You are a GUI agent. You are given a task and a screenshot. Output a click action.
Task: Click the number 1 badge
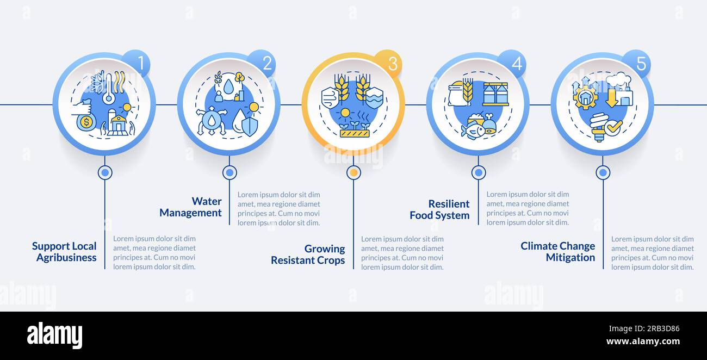tap(137, 63)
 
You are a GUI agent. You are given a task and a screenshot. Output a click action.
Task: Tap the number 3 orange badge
tap(388, 64)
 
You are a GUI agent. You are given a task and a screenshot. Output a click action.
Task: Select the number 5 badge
tap(637, 63)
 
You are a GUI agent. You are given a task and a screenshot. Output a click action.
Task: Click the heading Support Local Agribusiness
tap(64, 252)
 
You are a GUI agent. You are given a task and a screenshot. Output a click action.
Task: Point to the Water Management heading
tap(190, 207)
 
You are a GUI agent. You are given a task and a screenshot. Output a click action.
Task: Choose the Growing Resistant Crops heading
tap(308, 255)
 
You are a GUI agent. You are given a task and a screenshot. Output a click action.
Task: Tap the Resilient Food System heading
tap(439, 209)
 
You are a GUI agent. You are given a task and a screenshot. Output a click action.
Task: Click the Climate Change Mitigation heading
tap(557, 252)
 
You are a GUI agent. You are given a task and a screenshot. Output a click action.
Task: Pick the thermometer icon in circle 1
tap(109, 89)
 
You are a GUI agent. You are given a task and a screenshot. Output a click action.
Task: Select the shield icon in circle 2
tap(250, 127)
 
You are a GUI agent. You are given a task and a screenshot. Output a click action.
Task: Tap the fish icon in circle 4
tap(473, 130)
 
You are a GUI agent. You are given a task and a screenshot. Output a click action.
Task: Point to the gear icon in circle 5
tap(586, 97)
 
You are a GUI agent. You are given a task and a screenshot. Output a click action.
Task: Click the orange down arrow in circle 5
tap(612, 98)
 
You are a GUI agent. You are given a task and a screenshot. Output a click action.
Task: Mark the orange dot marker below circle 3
tap(354, 172)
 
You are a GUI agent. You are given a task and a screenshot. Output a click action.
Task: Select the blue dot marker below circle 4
tap(479, 172)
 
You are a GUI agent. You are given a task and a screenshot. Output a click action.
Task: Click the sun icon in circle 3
tap(345, 113)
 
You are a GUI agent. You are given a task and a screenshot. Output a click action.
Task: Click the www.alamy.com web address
tap(643, 342)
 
